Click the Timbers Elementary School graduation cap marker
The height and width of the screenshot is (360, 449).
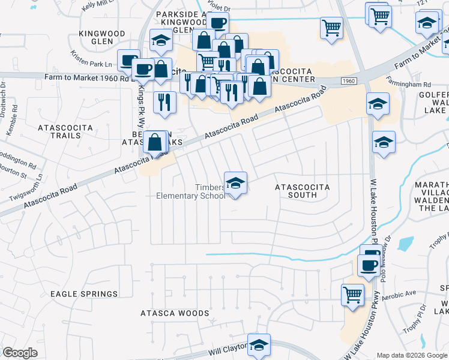[235, 183]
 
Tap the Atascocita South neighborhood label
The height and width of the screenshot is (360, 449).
[302, 191]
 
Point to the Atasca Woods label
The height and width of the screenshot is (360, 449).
[175, 313]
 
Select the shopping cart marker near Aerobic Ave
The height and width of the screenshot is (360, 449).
[352, 295]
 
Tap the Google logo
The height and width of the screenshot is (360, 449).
[20, 353]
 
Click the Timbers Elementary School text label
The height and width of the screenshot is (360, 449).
[191, 191]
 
